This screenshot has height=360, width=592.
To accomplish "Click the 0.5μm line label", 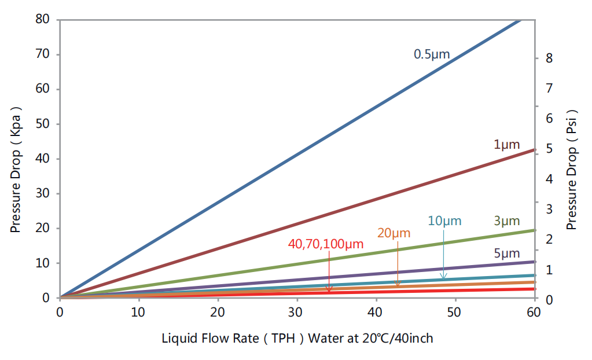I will pos(431,55).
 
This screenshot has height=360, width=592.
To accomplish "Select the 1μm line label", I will pos(507,145).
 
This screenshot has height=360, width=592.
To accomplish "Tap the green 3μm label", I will pos(507,221).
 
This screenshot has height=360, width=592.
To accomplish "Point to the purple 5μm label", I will pos(507,253).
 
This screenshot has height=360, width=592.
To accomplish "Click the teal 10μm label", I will pos(445,221).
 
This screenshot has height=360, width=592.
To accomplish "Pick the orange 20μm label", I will pos(394,233).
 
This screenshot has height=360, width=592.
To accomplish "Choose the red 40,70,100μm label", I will pos(325,244).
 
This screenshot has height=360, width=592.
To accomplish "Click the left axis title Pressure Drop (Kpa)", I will pos(16,169).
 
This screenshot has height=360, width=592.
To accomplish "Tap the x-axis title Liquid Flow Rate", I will pos(297,337).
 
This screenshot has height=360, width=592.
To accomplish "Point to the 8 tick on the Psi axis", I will pos(549,58).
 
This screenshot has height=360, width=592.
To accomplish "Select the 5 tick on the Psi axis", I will pos(549,149).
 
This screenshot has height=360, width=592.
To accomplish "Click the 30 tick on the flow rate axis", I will pos(297,312).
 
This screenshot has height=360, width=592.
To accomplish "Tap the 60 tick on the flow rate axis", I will pos(534,312).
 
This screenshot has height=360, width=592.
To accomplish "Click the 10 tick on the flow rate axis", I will pos(139,312).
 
